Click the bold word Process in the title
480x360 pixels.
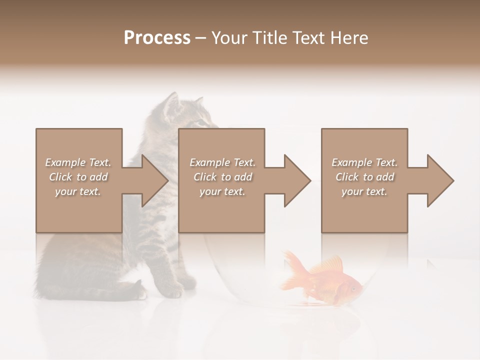click(x=157, y=38)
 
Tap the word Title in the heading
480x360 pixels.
click(x=269, y=38)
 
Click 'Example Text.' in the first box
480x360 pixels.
click(x=78, y=162)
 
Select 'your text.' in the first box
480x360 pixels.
click(x=78, y=191)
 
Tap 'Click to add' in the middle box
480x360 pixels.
click(x=222, y=177)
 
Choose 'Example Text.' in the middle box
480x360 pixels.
click(x=222, y=162)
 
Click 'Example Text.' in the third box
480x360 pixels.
click(x=364, y=162)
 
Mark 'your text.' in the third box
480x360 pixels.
click(x=364, y=191)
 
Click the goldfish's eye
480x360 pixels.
click(x=353, y=288)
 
